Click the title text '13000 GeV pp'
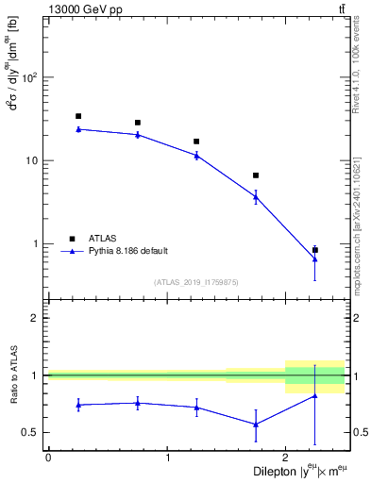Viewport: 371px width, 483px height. (x=76, y=8)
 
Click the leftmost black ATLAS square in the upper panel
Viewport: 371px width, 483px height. (x=78, y=116)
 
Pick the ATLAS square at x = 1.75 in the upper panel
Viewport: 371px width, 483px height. (x=256, y=175)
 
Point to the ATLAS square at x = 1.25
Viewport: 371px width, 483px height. (x=196, y=142)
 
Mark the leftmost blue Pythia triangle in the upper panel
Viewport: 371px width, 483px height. (x=78, y=129)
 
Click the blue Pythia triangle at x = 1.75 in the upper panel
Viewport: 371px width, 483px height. (x=256, y=196)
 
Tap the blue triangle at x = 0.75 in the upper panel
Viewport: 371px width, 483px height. (x=138, y=135)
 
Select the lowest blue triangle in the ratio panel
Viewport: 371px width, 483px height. (x=256, y=425)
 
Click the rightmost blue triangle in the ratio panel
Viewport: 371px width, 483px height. (x=314, y=395)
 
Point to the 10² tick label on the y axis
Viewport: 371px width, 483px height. (x=30, y=76)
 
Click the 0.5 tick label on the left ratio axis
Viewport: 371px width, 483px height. (x=32, y=433)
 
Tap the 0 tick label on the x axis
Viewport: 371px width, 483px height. (x=48, y=458)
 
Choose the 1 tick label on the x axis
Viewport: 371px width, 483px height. (x=167, y=458)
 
